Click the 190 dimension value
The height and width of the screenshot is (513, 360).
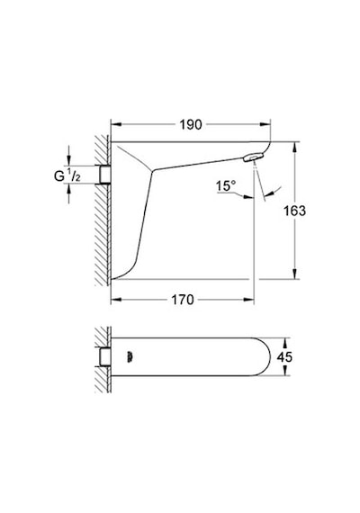(191, 125)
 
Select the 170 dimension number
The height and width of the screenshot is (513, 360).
(183, 300)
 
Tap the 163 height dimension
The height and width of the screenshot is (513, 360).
(294, 211)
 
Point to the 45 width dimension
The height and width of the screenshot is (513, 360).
(284, 356)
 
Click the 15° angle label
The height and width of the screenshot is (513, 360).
(226, 185)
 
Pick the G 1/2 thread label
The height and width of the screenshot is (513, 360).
(67, 175)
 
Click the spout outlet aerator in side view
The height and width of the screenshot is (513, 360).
(254, 157)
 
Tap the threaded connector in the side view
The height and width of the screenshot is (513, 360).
(105, 175)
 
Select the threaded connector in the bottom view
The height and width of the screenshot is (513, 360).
(105, 357)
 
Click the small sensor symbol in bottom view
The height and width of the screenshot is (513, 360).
(130, 357)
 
